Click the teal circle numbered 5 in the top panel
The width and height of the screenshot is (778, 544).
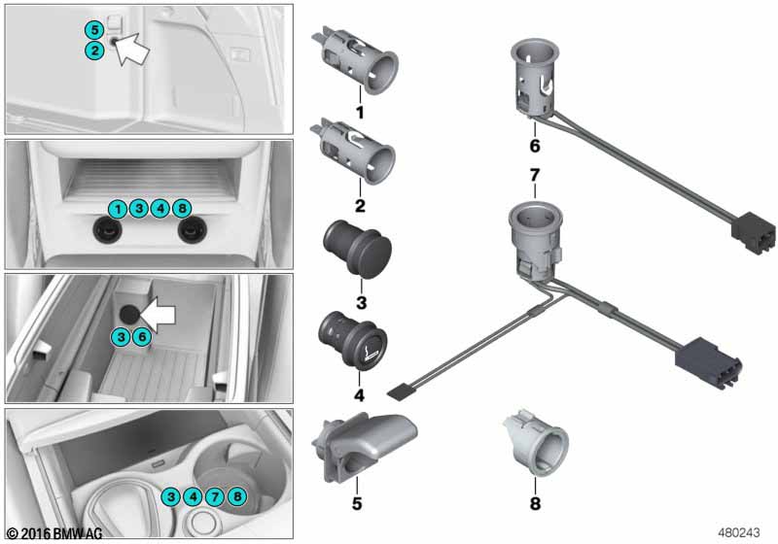pos(94,30)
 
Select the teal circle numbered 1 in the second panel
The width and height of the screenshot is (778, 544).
pos(118,209)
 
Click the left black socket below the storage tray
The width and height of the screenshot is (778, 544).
pos(108,230)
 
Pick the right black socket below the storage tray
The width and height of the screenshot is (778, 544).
pos(192,230)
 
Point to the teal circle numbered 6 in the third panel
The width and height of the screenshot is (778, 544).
pos(141,337)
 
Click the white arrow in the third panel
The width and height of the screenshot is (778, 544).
pos(158,315)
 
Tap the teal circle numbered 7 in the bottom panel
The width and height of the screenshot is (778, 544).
pos(214,496)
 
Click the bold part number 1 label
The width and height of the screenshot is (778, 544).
pos(360,113)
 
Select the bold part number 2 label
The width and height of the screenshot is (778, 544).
pos(360,206)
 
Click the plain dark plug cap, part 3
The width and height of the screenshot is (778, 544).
pos(357,251)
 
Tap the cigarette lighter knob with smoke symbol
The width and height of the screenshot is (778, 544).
pos(353,341)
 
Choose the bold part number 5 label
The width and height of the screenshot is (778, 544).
pos(357,503)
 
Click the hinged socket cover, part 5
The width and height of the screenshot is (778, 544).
pos(364,448)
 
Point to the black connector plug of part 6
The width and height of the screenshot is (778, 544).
pos(753,232)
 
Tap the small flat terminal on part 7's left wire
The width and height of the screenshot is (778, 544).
pos(399,392)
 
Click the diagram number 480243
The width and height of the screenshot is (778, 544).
pos(739,532)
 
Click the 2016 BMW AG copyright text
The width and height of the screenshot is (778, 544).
pos(54,533)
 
